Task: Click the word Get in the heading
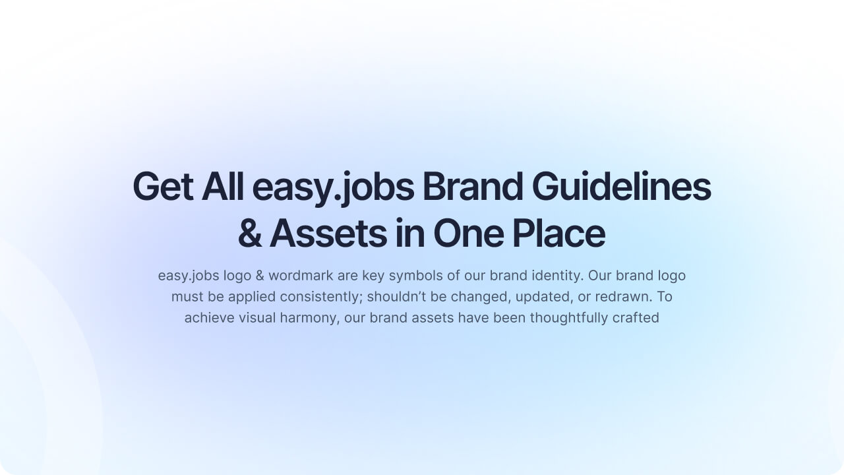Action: tap(163, 187)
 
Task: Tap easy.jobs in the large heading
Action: tap(333, 188)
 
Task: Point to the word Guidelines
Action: tap(621, 187)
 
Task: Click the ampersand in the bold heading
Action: tap(250, 234)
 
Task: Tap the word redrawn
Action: tap(623, 296)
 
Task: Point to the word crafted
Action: tap(636, 317)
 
